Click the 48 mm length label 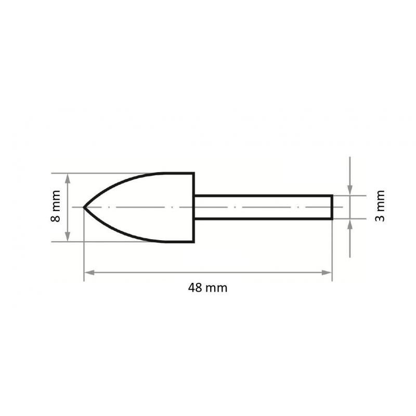(x=207, y=288)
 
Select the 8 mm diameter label (x=57, y=207)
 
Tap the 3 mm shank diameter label (x=381, y=207)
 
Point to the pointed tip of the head (x=85, y=207)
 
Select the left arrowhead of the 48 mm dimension (x=88, y=272)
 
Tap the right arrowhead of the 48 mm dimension (x=328, y=272)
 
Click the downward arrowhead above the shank (x=350, y=191)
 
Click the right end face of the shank (x=332, y=207)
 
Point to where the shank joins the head (x=194, y=207)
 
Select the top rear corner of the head (x=193, y=173)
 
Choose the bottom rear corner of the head (x=193, y=241)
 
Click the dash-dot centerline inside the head (x=140, y=207)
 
